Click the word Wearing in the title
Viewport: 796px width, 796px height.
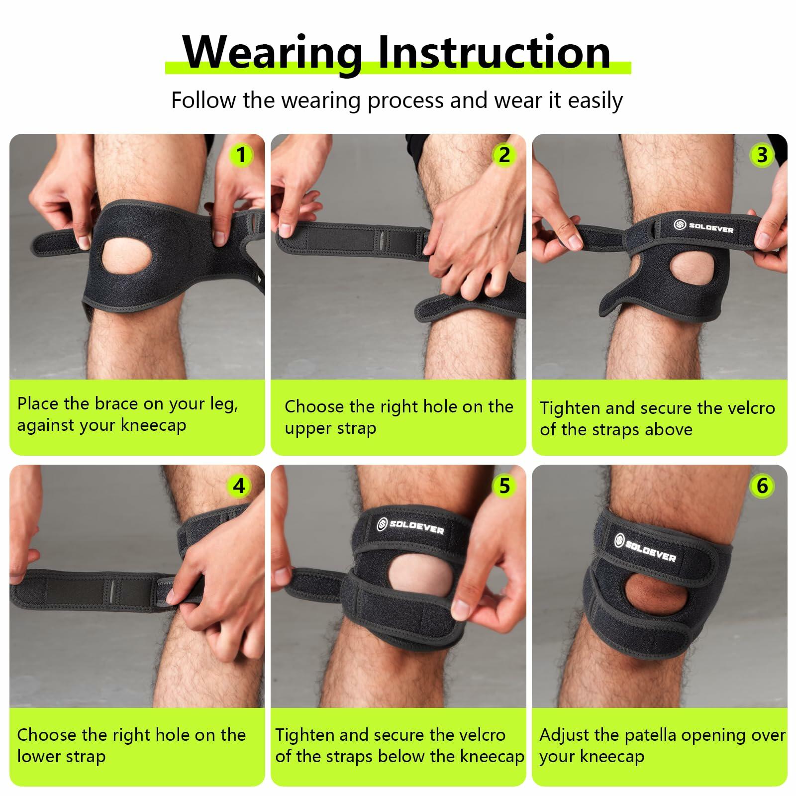[273, 53]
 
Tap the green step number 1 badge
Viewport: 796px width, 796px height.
[241, 155]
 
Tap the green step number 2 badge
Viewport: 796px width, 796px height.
[504, 155]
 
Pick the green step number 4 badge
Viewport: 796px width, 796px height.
[239, 486]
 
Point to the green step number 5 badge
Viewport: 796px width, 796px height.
[504, 486]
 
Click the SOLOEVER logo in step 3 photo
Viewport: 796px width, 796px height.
[703, 227]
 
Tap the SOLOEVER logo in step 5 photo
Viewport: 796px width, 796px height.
[410, 526]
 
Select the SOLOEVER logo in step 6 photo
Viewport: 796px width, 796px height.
[645, 548]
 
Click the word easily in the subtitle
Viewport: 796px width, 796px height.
[596, 101]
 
